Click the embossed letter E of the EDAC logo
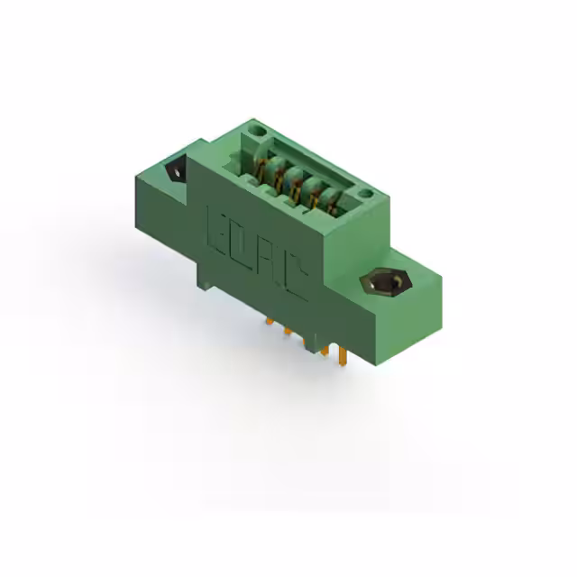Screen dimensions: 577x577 click(218, 229)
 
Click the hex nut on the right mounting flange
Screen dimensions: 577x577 click(386, 282)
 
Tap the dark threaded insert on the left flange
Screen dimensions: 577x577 click(177, 171)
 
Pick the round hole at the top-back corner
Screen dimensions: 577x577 click(256, 131)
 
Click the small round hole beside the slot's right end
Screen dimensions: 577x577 click(365, 193)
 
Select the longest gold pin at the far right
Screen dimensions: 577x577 click(343, 354)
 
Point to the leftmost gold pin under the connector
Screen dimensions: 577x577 click(270, 321)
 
